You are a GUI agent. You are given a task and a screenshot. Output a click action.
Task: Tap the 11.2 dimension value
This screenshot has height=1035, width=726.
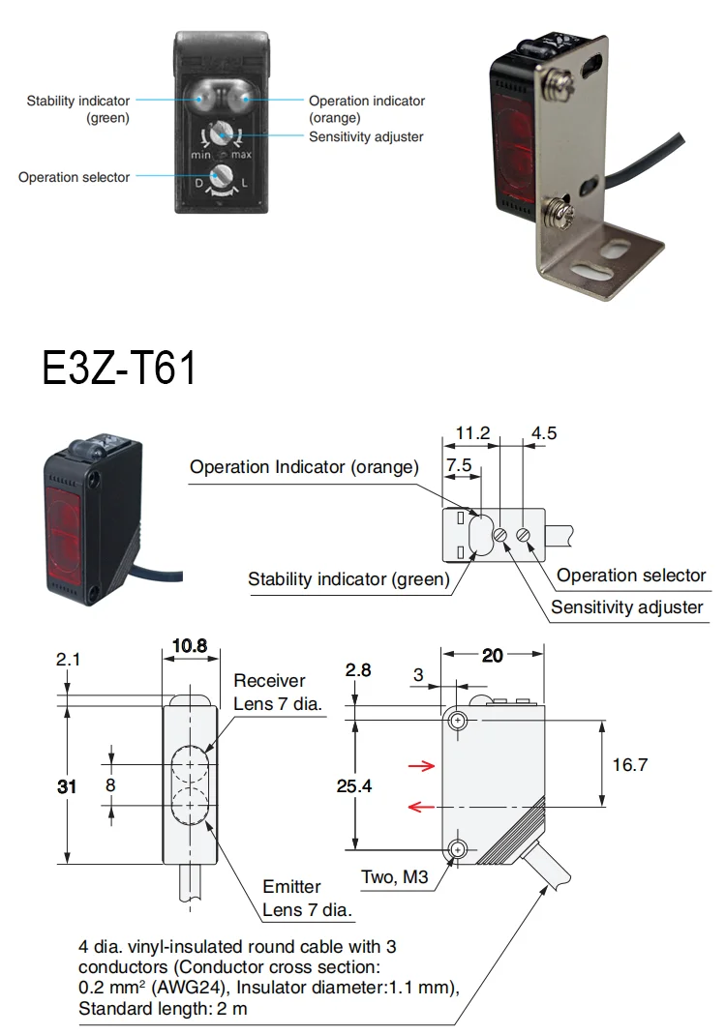click(x=471, y=432)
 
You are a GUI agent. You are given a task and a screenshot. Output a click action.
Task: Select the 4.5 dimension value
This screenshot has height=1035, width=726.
click(x=545, y=432)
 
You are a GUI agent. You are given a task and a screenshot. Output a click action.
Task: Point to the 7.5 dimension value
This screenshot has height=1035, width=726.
click(x=459, y=465)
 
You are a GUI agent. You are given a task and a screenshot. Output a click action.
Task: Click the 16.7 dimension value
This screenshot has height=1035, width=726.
click(x=629, y=764)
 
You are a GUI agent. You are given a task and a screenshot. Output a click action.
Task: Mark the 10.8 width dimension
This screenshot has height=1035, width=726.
click(x=189, y=646)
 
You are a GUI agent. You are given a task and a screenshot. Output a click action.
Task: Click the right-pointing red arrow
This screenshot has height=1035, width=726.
click(x=421, y=766)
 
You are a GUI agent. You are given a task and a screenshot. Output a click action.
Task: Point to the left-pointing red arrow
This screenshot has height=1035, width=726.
click(x=421, y=805)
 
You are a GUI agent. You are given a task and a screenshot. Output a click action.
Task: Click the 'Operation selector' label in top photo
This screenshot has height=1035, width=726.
click(x=74, y=178)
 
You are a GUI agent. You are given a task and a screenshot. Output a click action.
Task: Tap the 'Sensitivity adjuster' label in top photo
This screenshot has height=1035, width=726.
click(x=366, y=137)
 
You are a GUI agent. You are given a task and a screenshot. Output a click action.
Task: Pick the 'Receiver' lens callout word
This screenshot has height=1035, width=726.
click(x=269, y=681)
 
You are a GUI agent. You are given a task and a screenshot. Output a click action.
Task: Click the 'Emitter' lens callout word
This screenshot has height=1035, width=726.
click(x=291, y=887)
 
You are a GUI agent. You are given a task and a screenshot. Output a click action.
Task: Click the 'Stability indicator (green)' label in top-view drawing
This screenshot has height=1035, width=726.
click(x=348, y=580)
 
